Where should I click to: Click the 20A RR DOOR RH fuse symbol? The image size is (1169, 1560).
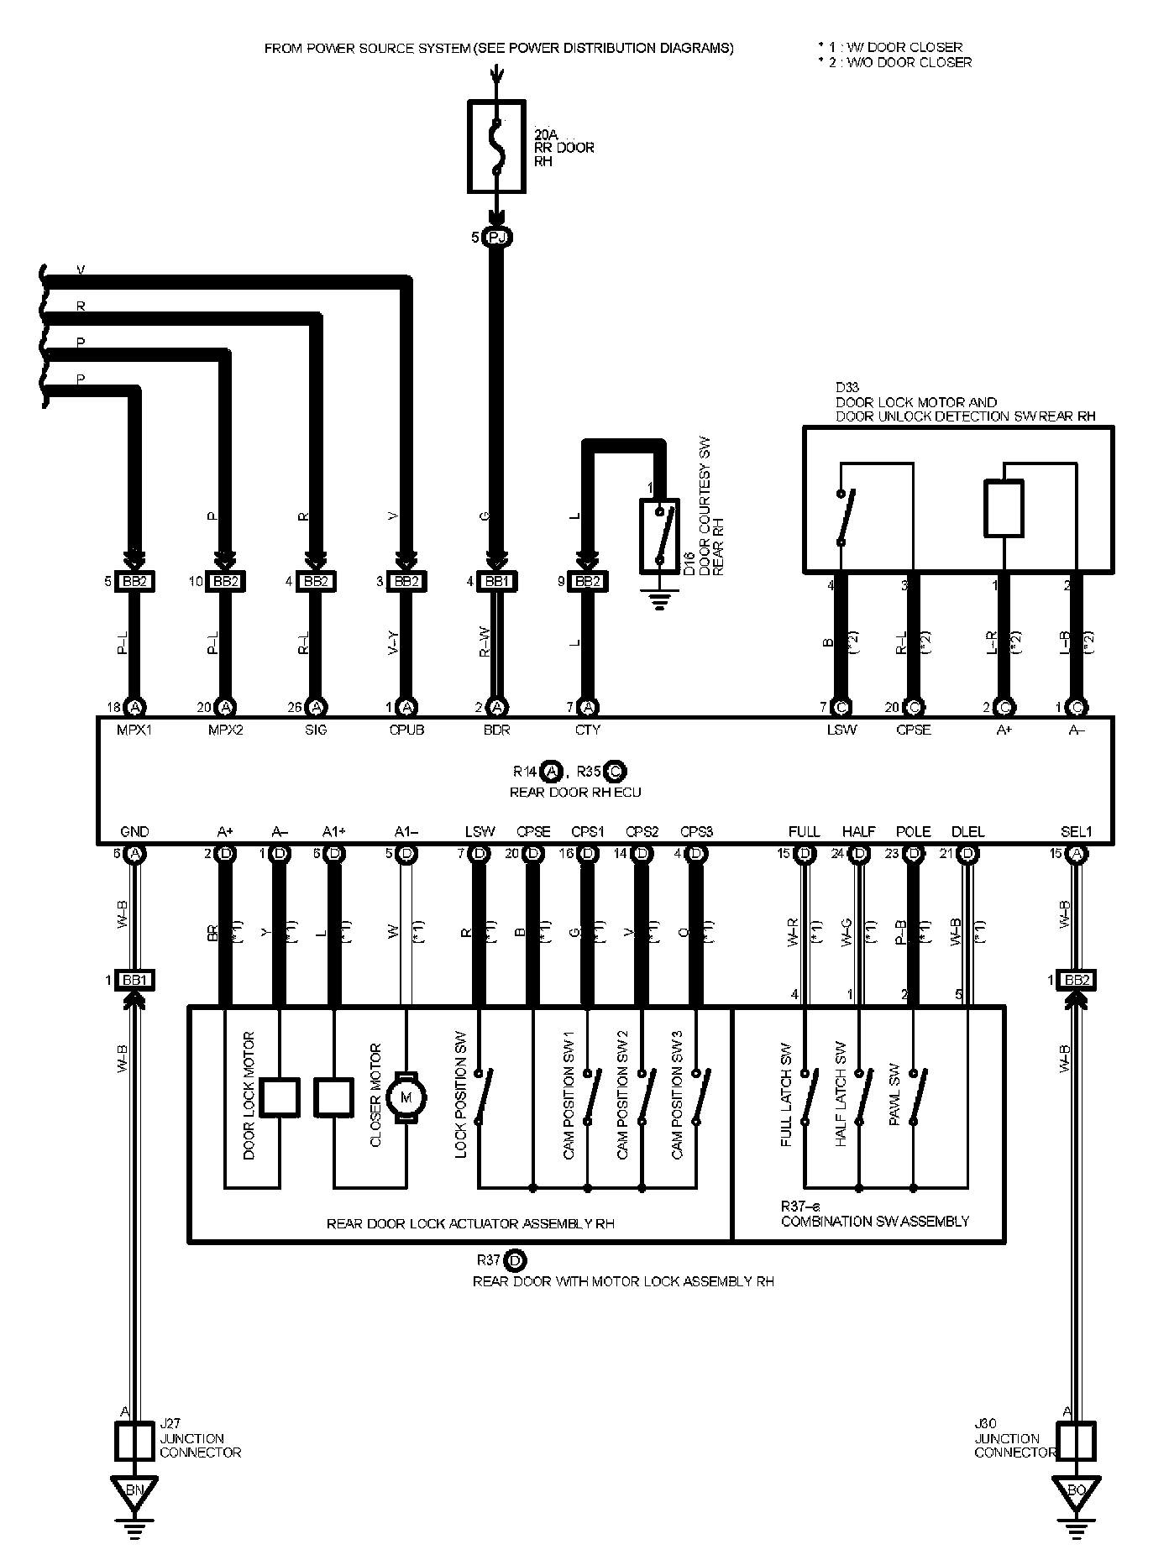point(496,148)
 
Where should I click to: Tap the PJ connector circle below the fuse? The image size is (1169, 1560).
point(497,238)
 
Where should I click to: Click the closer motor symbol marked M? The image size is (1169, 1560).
point(407,1097)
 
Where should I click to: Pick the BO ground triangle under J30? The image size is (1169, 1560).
point(1075,1489)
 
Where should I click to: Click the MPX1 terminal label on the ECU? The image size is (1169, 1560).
point(134,730)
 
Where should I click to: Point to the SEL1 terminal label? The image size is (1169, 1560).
point(1076,831)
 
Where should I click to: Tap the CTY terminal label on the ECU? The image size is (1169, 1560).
point(588,730)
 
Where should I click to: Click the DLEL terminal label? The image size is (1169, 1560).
point(967,831)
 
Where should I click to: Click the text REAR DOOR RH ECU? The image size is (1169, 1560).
point(576,792)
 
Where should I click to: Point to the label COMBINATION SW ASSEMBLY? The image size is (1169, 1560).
point(875,1221)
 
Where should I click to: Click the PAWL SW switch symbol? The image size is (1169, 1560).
point(919,1097)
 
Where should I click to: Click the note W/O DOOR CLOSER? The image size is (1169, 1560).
point(899,62)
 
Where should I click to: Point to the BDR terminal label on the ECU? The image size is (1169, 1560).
point(497,730)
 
